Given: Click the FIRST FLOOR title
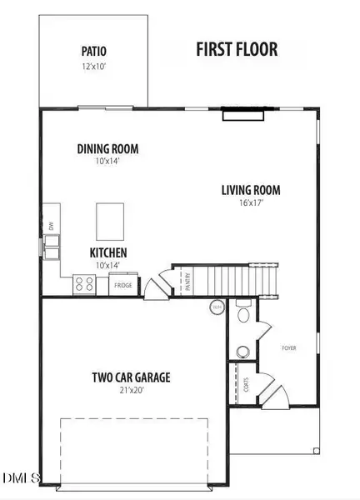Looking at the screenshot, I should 237,49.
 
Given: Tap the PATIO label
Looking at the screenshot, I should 93,49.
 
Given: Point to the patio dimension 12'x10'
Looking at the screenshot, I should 93,64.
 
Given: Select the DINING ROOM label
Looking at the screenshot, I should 107,149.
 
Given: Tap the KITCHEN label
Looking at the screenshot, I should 108,252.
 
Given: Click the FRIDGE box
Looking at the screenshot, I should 124,285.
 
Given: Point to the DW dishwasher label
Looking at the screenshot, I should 51,226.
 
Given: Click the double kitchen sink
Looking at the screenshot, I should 52,244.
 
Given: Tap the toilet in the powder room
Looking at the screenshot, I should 242,314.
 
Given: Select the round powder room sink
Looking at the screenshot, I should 242,351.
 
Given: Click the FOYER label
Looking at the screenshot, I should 288,347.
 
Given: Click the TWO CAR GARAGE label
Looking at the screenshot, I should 132,377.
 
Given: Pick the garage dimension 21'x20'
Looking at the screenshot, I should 132,391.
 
